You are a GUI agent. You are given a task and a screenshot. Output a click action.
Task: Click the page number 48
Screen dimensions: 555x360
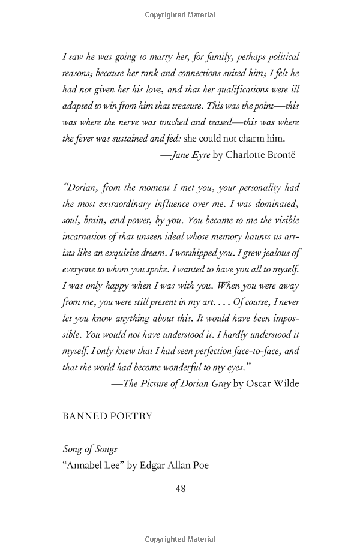180,489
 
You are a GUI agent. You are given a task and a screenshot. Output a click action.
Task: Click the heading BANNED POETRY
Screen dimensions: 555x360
107,416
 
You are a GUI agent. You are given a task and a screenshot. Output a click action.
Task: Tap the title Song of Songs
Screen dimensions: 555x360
90,449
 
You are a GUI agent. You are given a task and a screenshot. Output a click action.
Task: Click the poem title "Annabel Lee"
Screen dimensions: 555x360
94,465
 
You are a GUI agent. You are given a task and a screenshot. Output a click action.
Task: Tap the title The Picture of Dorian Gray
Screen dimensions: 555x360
176,383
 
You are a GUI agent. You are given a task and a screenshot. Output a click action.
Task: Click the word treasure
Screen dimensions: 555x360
182,106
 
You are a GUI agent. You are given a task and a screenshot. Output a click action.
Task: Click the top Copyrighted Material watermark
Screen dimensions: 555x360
180,14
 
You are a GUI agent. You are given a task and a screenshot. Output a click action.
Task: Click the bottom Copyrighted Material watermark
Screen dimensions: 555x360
180,539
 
